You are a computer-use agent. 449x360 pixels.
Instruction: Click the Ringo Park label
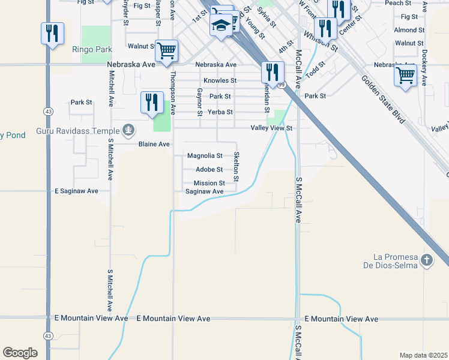(88, 49)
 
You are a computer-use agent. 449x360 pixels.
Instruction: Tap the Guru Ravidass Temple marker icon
(128, 130)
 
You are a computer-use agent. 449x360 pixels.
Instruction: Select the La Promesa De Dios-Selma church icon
(427, 260)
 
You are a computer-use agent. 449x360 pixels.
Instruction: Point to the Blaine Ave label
(154, 145)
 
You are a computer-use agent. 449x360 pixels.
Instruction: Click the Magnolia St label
(205, 155)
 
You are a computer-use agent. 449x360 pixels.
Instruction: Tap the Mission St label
(209, 183)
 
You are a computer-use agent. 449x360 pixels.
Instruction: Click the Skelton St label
(237, 166)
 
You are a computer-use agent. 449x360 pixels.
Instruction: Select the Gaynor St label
(199, 100)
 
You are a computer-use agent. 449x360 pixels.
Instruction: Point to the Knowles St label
(220, 80)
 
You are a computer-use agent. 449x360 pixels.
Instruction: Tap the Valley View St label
(271, 128)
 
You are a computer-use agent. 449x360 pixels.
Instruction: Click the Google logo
(20, 353)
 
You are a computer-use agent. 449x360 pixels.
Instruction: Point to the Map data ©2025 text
(423, 355)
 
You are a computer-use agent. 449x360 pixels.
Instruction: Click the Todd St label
(315, 69)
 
